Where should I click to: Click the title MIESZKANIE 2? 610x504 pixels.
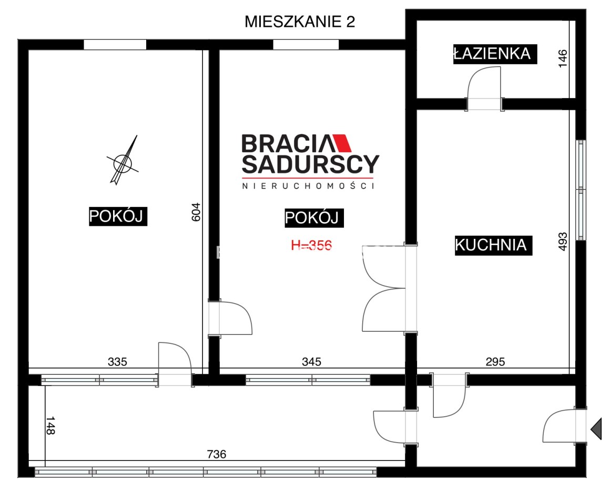tap(300, 22)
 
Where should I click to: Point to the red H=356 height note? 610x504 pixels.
tap(311, 245)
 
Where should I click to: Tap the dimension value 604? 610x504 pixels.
tap(196, 212)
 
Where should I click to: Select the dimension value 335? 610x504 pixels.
tap(117, 362)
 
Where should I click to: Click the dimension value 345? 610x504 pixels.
tap(312, 362)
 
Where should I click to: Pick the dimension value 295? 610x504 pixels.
tap(495, 362)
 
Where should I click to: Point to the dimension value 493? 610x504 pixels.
tap(563, 241)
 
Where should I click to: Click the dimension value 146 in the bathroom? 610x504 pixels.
tap(563, 59)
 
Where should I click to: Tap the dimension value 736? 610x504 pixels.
tap(216, 454)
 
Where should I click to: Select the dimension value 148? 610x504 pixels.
tap(50, 426)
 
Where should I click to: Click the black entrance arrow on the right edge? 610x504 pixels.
tap(596, 429)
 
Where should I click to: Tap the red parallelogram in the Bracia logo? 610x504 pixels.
tap(341, 143)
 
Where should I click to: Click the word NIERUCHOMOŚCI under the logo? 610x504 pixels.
tap(308, 186)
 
